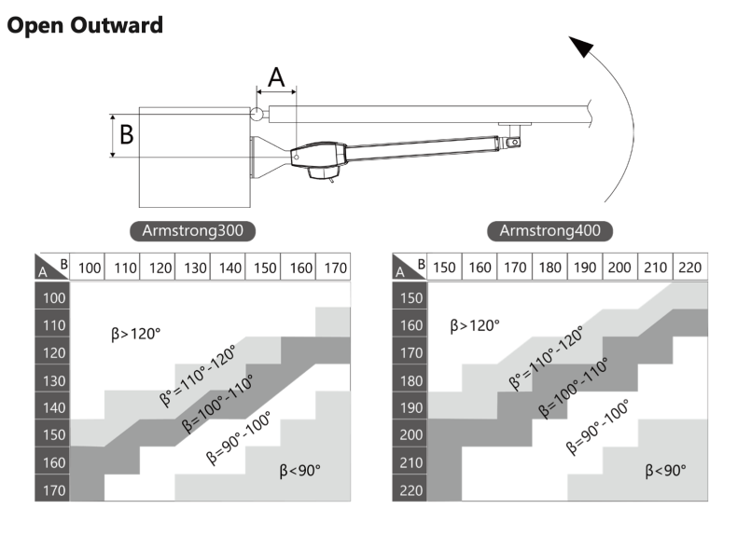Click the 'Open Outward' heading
85,24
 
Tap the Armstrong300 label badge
192,231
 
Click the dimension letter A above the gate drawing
276,77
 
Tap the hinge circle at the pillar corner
257,114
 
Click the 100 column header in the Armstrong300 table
89,267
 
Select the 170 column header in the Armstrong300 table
333,267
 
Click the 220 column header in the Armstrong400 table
690,267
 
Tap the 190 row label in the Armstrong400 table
410,406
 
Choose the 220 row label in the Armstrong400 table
410,489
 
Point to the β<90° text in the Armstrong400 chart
666,472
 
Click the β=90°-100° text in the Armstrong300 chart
239,437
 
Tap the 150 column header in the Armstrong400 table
445,267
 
